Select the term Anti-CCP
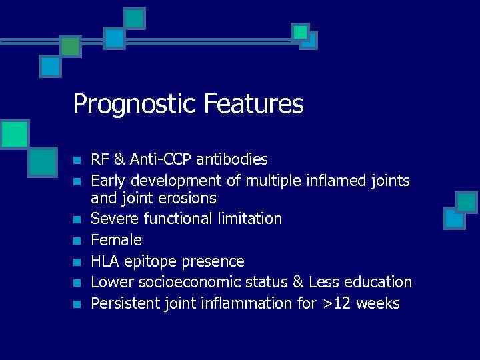[x=159, y=160]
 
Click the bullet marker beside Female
[x=77, y=240]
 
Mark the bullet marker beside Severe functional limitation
[x=77, y=219]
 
